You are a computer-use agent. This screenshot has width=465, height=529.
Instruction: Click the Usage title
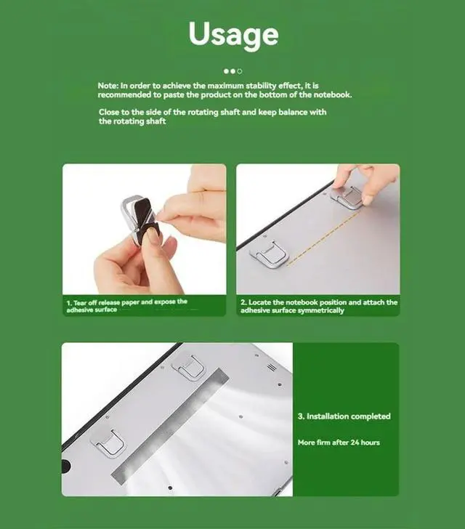232,34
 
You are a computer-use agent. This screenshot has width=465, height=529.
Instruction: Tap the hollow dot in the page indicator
240,71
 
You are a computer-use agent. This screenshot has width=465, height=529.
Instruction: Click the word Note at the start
108,86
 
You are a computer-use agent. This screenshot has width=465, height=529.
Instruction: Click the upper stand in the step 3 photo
190,368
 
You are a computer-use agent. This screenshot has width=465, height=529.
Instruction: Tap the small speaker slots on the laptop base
271,368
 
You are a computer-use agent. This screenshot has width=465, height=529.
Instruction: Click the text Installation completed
344,416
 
